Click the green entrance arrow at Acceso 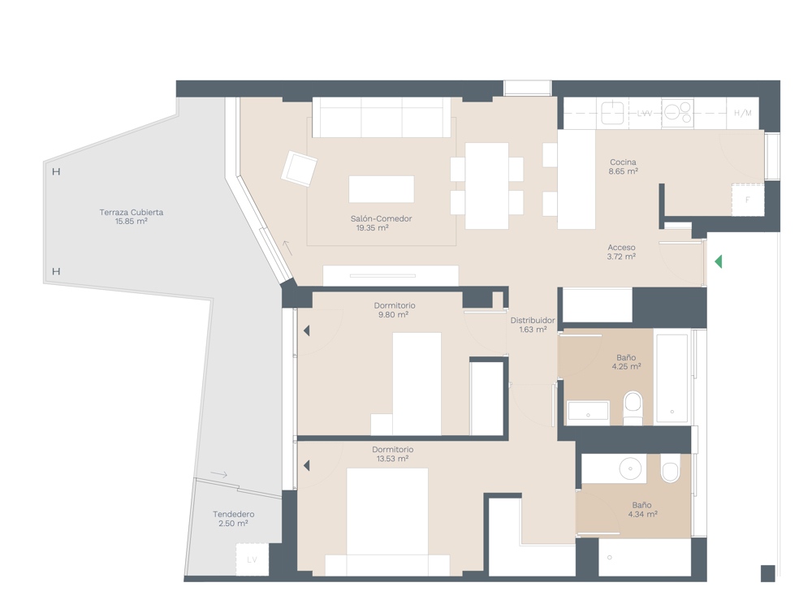point(719,261)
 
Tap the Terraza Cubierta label point(131,212)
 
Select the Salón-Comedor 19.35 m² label point(381,223)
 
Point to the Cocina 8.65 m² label point(623,166)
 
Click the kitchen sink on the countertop point(612,112)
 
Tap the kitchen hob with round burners point(677,112)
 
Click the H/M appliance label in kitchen point(743,113)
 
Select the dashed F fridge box point(747,199)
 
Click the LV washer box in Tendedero point(253,559)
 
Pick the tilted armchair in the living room point(299,168)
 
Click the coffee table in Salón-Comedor point(381,189)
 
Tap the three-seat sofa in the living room point(382,117)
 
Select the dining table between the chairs point(486,186)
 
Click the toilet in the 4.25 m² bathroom point(633,408)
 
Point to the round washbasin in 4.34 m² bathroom point(630,468)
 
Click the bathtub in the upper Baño point(672,378)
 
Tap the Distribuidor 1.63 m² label point(533,325)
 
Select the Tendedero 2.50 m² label point(234,519)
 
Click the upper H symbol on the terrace point(57,171)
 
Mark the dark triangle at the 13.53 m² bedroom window point(307,466)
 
